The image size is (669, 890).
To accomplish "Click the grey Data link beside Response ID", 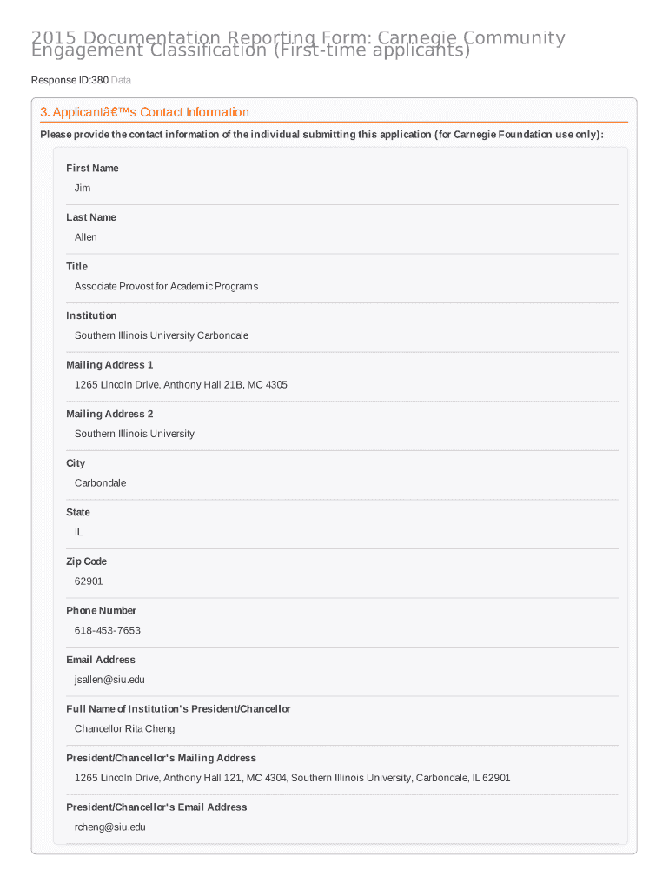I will pos(121,80).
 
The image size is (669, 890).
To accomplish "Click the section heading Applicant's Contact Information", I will pos(144,112).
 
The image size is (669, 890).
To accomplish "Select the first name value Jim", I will pos(83,188).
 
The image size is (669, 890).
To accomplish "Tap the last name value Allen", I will pos(86,237).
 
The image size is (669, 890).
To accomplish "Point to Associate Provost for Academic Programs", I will pos(166,286).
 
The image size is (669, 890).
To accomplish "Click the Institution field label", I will pos(91,315).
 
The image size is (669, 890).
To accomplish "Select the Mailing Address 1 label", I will pos(109,365).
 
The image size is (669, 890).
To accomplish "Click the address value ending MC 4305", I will pos(181,384).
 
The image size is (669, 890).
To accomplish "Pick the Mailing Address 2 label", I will pos(109,414).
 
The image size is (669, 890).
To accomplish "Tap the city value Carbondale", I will pos(100,482).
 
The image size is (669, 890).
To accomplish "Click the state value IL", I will pos(79,532).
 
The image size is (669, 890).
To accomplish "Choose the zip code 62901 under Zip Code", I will pos(89,581).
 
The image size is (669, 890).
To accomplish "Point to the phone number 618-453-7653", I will pos(108,630).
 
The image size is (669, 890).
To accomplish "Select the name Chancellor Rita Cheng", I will pos(124,728).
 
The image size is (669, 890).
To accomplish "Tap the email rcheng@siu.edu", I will pos(110,827).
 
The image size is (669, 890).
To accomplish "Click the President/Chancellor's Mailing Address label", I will pos(162,758).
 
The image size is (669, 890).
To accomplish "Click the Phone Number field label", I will pos(101,610).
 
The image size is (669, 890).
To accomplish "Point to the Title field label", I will pos(76,267).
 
